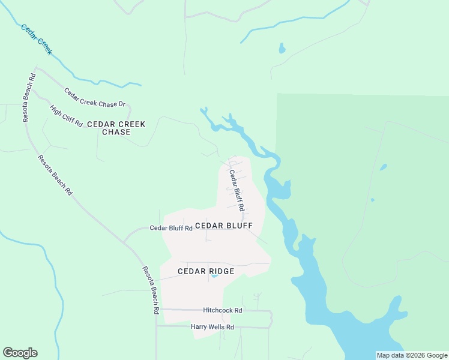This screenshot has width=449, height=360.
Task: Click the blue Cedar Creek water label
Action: pyautogui.click(x=37, y=40)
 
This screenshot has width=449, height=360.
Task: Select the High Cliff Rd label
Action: pyautogui.click(x=66, y=115)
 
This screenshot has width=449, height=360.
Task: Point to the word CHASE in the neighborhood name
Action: pyautogui.click(x=116, y=132)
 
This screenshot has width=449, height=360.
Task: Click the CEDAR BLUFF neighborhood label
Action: pyautogui.click(x=224, y=226)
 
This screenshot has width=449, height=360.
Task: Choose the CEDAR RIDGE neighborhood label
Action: pyautogui.click(x=206, y=271)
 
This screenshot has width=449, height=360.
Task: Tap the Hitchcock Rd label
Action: pyautogui.click(x=222, y=310)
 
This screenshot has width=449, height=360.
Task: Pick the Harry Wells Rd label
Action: pyautogui.click(x=212, y=327)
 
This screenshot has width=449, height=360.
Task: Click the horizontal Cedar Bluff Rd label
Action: pyautogui.click(x=171, y=228)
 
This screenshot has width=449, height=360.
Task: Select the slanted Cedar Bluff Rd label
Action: pyautogui.click(x=237, y=190)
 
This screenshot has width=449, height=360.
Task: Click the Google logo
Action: pyautogui.click(x=20, y=353)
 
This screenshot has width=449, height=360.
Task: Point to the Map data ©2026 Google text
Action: pyautogui.click(x=412, y=355)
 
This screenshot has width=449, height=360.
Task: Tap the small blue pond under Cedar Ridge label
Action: pyautogui.click(x=215, y=277)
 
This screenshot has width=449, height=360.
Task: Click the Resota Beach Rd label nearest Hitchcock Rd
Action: pyautogui.click(x=150, y=291)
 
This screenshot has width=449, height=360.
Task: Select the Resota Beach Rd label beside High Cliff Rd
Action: pyautogui.click(x=29, y=97)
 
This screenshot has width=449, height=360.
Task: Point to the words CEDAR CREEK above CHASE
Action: pyautogui.click(x=116, y=124)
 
